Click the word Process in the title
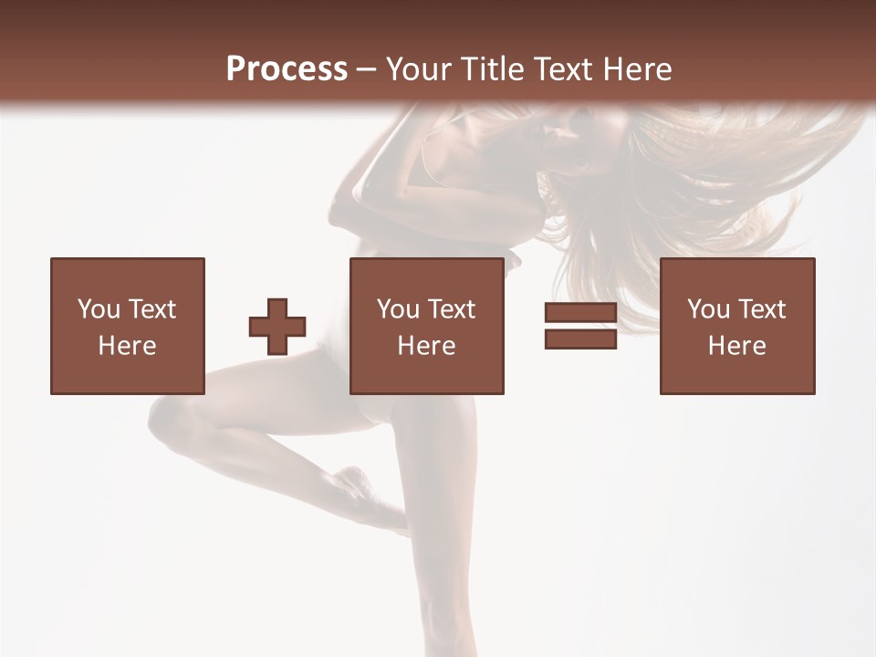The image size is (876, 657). click(287, 69)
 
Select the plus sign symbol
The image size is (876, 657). click(277, 327)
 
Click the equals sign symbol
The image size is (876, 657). click(580, 326)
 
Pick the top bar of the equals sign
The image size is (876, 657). click(580, 313)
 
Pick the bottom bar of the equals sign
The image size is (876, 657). click(580, 339)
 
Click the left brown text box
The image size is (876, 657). click(127, 326)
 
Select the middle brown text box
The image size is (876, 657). click(426, 326)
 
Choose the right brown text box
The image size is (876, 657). click(736, 326)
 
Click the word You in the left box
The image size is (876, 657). click(99, 309)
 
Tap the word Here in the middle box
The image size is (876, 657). click(426, 346)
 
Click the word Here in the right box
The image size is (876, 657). click(736, 346)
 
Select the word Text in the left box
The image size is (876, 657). click(153, 309)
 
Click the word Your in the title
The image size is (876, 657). click(419, 69)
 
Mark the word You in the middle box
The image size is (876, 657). click(398, 309)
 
